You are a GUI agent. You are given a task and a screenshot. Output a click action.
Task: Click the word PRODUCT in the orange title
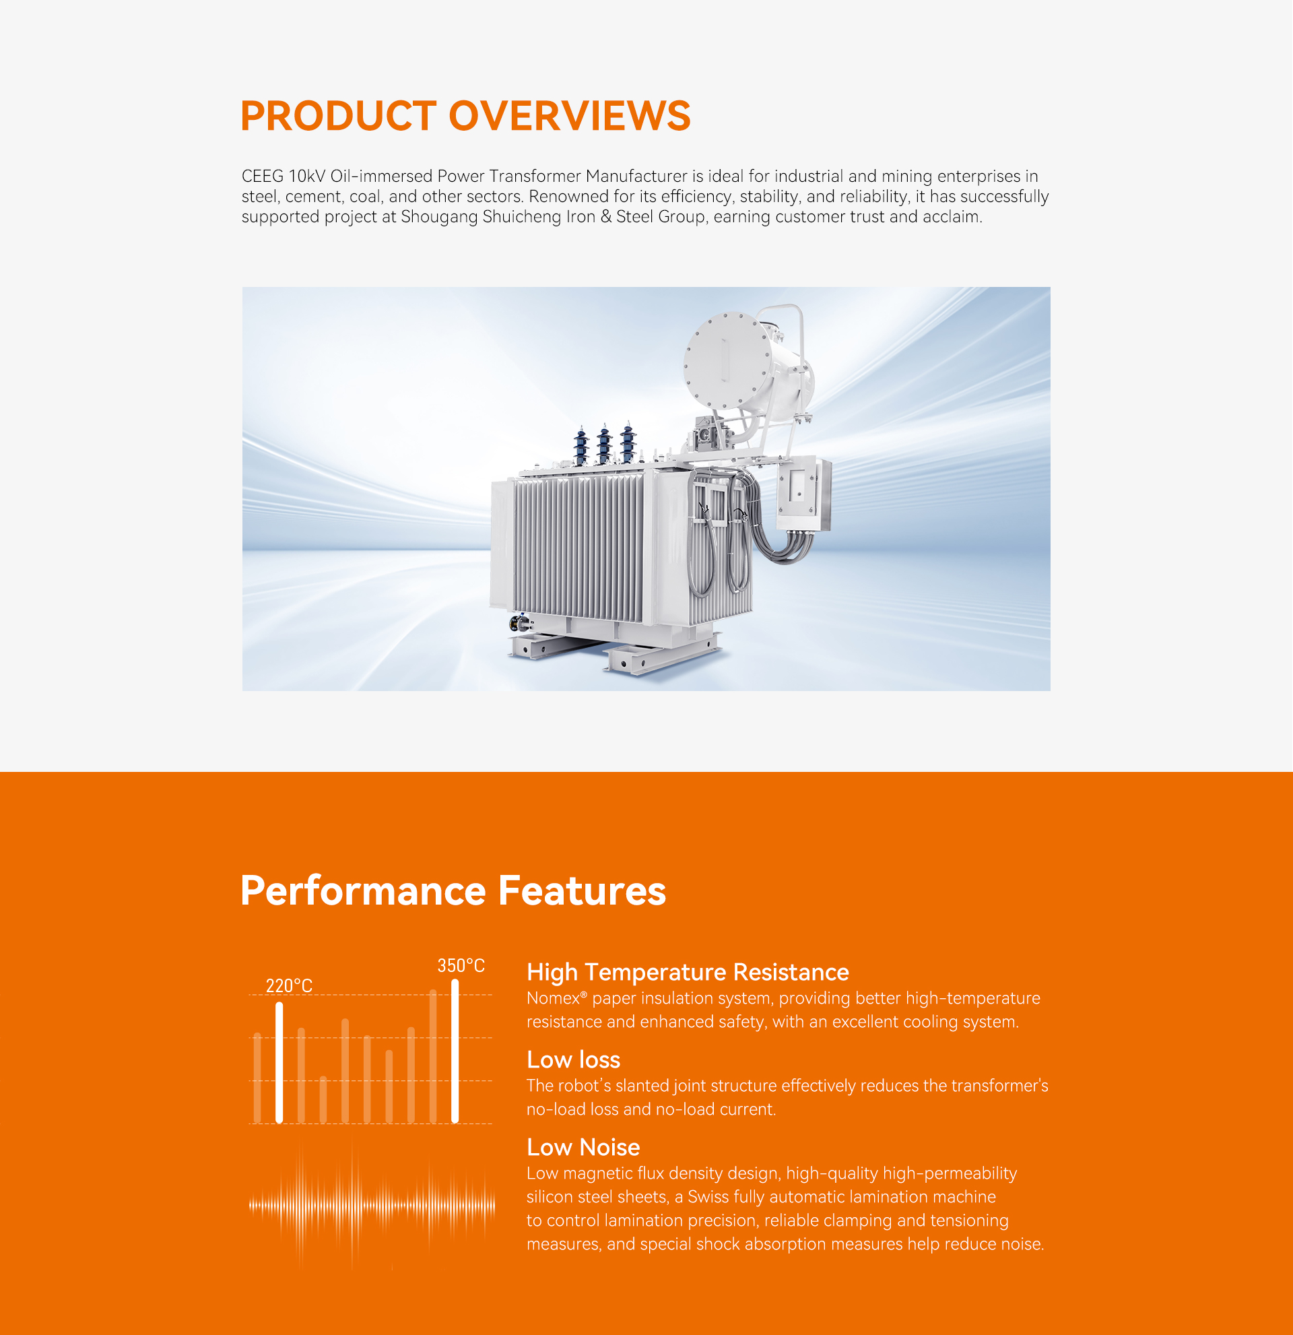338,116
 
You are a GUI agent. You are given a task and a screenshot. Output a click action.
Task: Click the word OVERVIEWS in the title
570,116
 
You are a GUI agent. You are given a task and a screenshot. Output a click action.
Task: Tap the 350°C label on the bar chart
461,965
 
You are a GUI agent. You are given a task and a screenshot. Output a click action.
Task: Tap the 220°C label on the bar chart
289,985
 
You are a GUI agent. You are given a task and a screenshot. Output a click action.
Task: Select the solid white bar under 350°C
455,1051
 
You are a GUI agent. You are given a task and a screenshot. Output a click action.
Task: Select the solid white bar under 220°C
279,1063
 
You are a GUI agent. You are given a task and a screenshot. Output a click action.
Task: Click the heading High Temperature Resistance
688,972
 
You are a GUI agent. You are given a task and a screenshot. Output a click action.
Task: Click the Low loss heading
573,1060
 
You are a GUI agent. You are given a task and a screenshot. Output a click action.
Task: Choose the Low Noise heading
583,1148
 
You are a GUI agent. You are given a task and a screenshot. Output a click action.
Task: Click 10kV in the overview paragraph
307,176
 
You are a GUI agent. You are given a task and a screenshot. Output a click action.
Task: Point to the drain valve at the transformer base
520,622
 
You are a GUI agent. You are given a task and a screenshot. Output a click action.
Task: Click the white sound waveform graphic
372,1205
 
